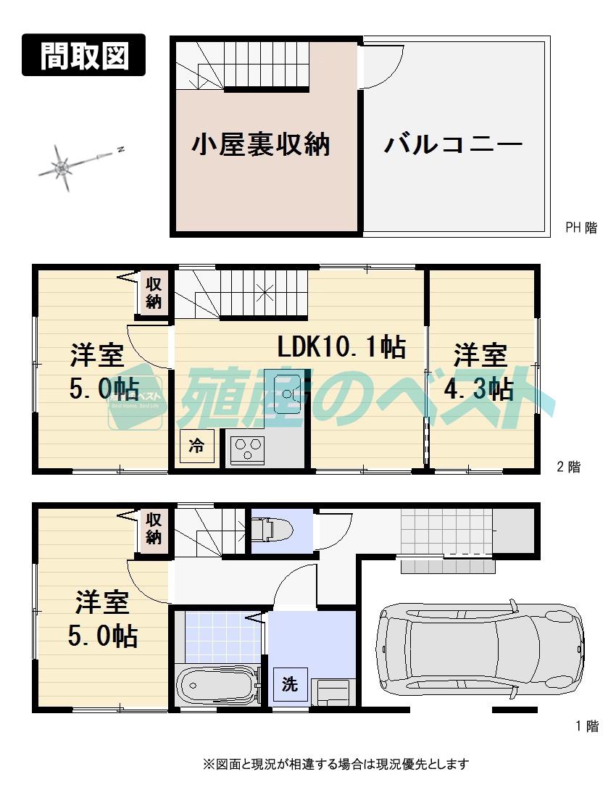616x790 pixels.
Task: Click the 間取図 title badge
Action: pyautogui.click(x=83, y=55)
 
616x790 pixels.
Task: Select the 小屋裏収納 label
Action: pyautogui.click(x=261, y=144)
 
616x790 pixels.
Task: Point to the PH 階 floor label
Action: pyautogui.click(x=581, y=228)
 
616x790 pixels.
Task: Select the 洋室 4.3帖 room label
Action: pyautogui.click(x=480, y=373)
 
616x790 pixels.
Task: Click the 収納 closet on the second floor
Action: pyautogui.click(x=154, y=293)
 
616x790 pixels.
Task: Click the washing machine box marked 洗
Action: pyautogui.click(x=290, y=685)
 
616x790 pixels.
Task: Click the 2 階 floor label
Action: pyautogui.click(x=568, y=467)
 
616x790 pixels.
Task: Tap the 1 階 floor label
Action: pyautogui.click(x=587, y=726)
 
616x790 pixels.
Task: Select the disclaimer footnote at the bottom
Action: pyautogui.click(x=335, y=764)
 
